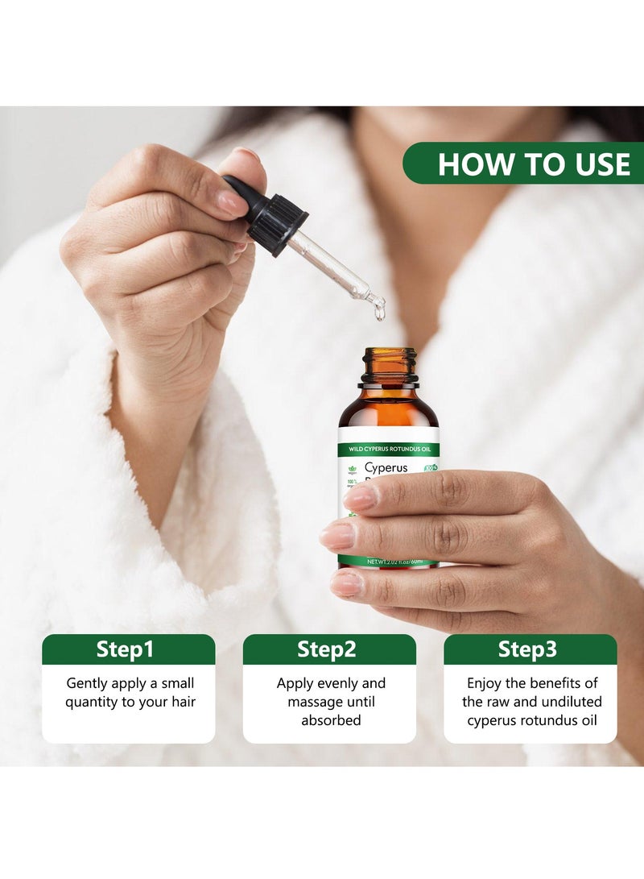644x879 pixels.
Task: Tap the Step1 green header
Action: (x=129, y=649)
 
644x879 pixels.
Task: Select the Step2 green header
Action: (x=329, y=649)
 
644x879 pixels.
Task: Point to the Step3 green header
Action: (x=530, y=649)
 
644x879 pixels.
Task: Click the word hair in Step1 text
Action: (x=182, y=702)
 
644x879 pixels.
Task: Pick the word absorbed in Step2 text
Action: (x=330, y=720)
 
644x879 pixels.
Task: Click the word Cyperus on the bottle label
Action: (x=386, y=467)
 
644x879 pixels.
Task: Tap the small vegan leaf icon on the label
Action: (x=351, y=469)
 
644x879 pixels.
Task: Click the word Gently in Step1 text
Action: (x=87, y=683)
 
